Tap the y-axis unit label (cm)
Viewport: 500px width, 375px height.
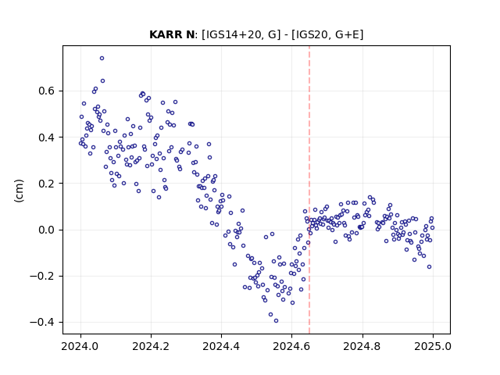(x=19, y=191)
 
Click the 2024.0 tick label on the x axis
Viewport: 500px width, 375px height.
(x=80, y=346)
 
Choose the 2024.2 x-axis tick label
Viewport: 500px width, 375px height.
(x=151, y=346)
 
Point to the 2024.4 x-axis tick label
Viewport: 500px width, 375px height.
(x=221, y=346)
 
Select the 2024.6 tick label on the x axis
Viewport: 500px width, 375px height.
(x=291, y=346)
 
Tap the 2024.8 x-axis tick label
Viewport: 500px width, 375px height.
(x=362, y=346)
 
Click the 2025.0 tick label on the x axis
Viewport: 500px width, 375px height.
(x=433, y=346)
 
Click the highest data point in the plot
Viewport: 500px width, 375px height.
(x=102, y=59)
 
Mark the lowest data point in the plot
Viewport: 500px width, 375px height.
(x=276, y=321)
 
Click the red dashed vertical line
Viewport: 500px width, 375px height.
(x=309, y=190)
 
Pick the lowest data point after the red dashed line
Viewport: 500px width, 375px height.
(x=429, y=267)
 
